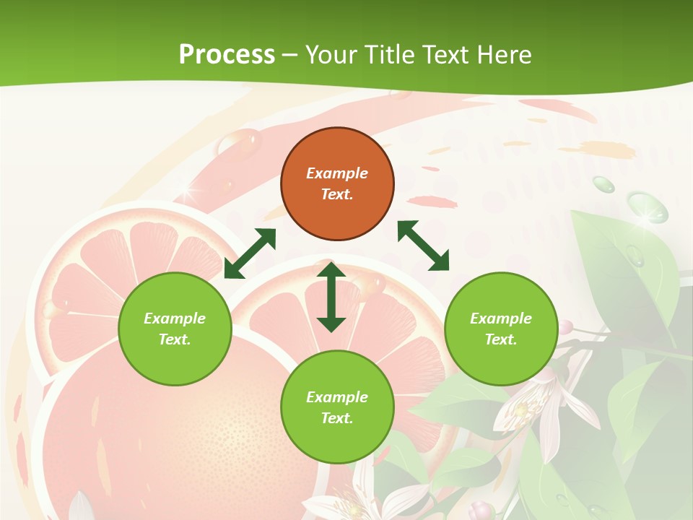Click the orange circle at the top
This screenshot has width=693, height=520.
click(337, 183)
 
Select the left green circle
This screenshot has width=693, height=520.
click(175, 329)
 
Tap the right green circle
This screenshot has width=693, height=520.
click(501, 329)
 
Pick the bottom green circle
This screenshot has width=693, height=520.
click(337, 407)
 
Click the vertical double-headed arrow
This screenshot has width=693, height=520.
click(331, 297)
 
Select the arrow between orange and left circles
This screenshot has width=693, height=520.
click(250, 253)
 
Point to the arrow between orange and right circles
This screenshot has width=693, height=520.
click(423, 246)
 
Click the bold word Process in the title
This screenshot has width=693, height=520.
click(227, 54)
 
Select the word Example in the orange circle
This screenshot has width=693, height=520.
click(337, 173)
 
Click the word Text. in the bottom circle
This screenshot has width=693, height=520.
click(337, 418)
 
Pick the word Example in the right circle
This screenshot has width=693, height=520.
click(501, 318)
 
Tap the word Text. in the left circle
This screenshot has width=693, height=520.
click(175, 339)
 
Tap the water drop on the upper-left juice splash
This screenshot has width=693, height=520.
click(246, 142)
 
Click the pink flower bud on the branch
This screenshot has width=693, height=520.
click(567, 327)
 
